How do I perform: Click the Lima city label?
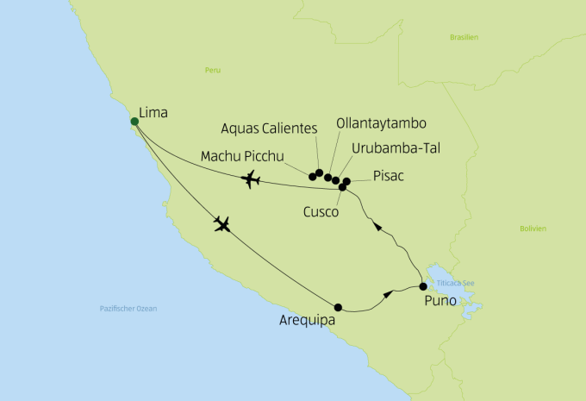[x=153, y=113]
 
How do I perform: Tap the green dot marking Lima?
[x=134, y=122]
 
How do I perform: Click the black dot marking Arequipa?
[x=338, y=307]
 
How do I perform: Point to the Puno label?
[x=441, y=303]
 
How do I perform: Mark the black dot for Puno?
[x=422, y=286]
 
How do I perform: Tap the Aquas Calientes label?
[x=269, y=128]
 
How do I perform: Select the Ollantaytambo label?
[x=380, y=123]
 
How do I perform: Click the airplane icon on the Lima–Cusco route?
[x=252, y=179]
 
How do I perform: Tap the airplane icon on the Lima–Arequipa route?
[x=222, y=225]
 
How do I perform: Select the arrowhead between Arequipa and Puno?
[x=387, y=294]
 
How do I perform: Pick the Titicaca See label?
[x=456, y=283]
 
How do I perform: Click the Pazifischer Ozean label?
[x=128, y=308]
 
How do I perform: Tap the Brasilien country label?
[x=464, y=37]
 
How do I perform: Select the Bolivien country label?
[x=533, y=228]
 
